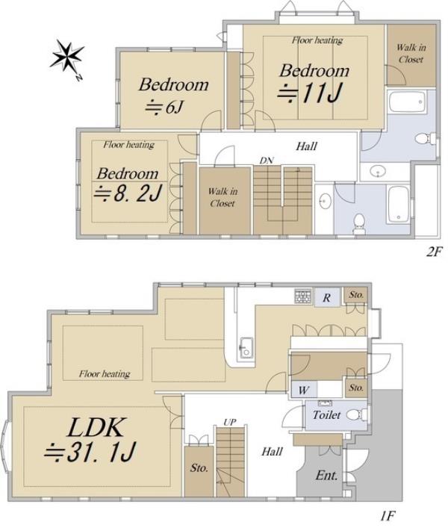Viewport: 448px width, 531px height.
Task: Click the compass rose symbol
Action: point(66,57)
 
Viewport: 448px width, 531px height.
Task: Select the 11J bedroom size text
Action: point(309,93)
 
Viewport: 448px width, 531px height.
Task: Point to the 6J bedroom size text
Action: point(164,108)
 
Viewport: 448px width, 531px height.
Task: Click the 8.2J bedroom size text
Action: point(128,193)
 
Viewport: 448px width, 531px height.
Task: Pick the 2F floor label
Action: point(434,252)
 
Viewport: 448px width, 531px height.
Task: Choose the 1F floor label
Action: point(388,516)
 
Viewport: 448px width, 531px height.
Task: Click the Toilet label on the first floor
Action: point(326,414)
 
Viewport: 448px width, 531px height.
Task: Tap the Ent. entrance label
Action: point(326,475)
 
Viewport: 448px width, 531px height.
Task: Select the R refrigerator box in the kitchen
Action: point(327,298)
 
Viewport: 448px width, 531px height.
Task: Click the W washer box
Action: point(304,390)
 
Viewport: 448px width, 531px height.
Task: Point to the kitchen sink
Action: point(246,348)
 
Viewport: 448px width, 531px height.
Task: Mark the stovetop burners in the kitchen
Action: point(302,296)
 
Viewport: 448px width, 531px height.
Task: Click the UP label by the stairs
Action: point(229,422)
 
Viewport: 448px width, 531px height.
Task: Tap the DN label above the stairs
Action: point(267,161)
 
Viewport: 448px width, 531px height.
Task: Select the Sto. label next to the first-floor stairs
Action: point(199,468)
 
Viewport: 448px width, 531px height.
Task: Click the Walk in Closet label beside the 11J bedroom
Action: point(411,54)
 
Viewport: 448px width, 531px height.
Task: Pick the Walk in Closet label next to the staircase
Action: point(223,197)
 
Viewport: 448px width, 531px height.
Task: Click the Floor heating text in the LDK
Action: point(105,374)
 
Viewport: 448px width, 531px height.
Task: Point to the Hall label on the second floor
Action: point(306,146)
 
